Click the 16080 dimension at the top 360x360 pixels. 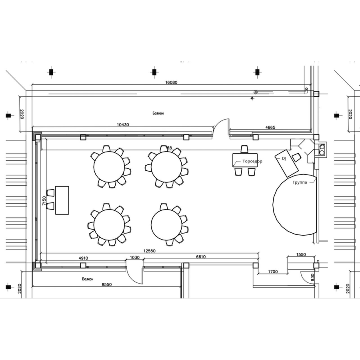(x=171, y=82)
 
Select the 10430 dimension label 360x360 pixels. (x=123, y=125)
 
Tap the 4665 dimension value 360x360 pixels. (x=270, y=127)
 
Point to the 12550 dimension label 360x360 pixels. (x=150, y=251)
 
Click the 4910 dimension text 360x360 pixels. (x=83, y=258)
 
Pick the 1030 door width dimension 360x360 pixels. (x=135, y=257)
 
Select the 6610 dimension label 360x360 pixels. (x=201, y=257)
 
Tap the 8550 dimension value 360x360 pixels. (x=107, y=284)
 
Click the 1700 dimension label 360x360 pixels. (x=273, y=272)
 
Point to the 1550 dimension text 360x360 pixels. (x=301, y=254)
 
